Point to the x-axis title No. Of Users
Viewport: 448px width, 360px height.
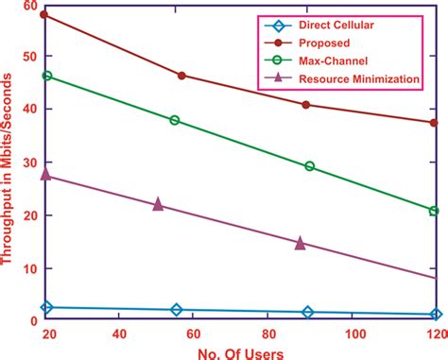[240, 350]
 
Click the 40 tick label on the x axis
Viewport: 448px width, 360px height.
[119, 334]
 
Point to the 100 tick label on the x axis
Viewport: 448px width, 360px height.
[354, 334]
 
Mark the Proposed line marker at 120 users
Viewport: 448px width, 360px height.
[434, 123]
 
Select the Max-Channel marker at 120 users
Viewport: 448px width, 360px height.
[434, 211]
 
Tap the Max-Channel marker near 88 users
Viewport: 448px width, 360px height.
[309, 166]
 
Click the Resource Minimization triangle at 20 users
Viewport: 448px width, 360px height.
[46, 175]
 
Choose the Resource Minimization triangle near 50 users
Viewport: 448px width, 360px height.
[158, 203]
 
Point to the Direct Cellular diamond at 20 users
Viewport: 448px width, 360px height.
[46, 307]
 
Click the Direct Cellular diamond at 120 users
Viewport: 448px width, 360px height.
[434, 315]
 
